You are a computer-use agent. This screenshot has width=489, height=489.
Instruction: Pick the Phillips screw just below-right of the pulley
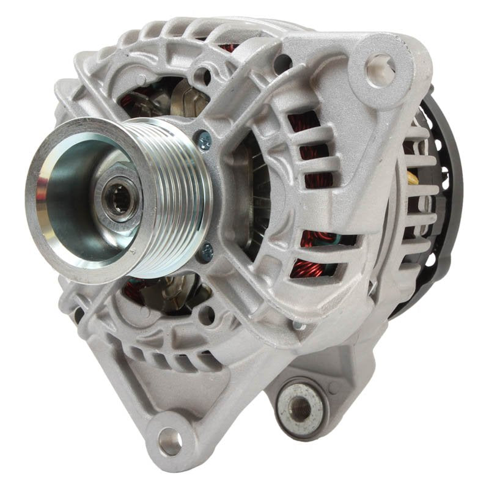click(x=208, y=249)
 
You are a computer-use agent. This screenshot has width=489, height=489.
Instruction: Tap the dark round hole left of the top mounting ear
click(x=282, y=62)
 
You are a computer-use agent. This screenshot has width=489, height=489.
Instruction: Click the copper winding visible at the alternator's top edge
click(x=229, y=47)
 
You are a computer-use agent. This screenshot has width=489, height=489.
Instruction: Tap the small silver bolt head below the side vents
click(x=299, y=325)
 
